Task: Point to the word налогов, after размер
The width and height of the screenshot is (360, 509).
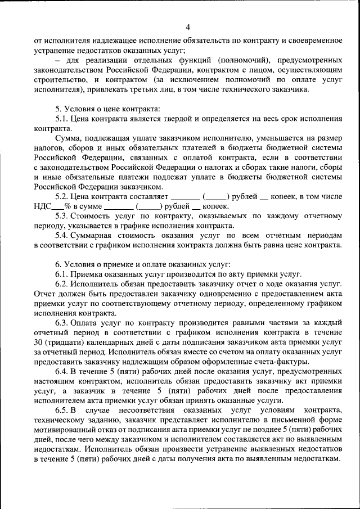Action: pyautogui.click(x=49, y=148)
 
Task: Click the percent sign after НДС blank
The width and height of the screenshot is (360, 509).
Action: pyautogui.click(x=66, y=206)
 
